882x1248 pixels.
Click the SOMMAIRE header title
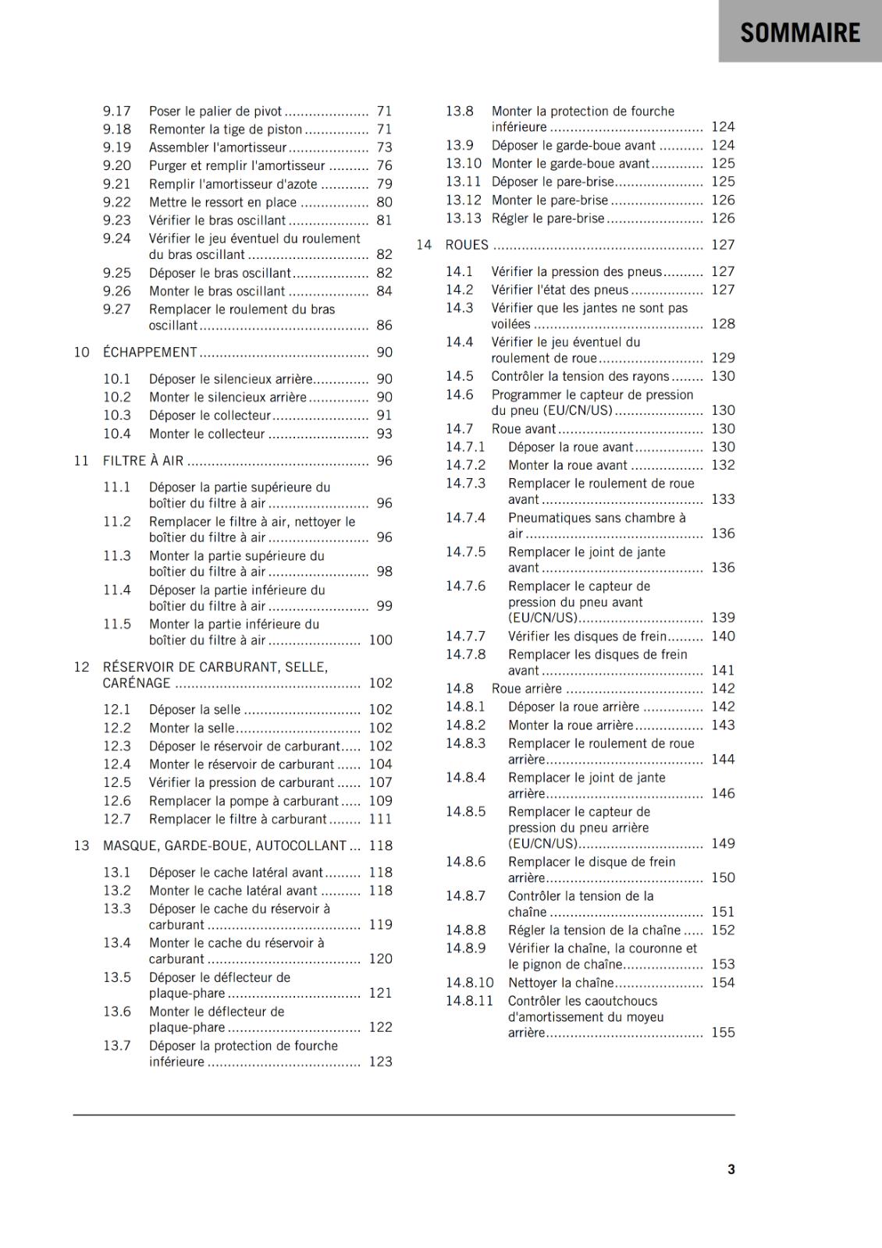pyautogui.click(x=800, y=33)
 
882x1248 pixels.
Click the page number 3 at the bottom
pyautogui.click(x=731, y=1169)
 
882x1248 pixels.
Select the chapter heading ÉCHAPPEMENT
pyautogui.click(x=150, y=353)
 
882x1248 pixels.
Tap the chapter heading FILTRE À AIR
pyautogui.click(x=143, y=461)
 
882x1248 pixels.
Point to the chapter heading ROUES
pyautogui.click(x=467, y=245)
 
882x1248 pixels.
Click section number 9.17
pyautogui.click(x=117, y=112)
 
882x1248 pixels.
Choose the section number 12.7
pyautogui.click(x=117, y=819)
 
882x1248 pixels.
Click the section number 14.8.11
pyautogui.click(x=470, y=1001)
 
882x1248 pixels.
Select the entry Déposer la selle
pyautogui.click(x=194, y=710)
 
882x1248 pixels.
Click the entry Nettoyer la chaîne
pyautogui.click(x=560, y=983)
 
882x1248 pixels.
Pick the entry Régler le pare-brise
pyautogui.click(x=548, y=218)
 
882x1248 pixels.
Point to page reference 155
pyautogui.click(x=723, y=1033)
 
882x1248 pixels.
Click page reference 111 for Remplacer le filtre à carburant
pyautogui.click(x=380, y=819)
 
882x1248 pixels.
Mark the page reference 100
pyautogui.click(x=380, y=640)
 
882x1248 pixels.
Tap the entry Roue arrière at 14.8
pyautogui.click(x=526, y=689)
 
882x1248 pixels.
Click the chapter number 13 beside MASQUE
pyautogui.click(x=82, y=846)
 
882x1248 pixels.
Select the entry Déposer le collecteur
pyautogui.click(x=209, y=416)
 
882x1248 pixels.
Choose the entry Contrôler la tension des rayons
pyautogui.click(x=580, y=376)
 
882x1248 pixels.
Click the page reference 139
pyautogui.click(x=723, y=618)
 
